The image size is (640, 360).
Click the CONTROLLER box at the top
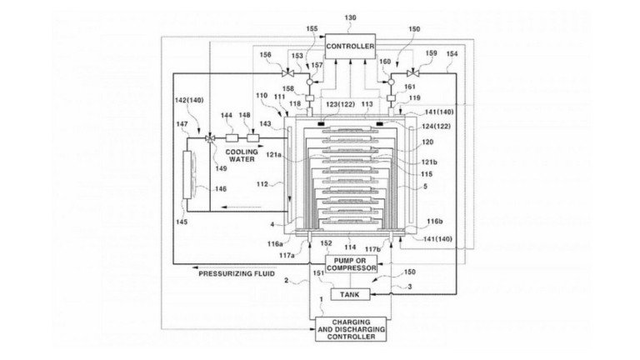pos(350,46)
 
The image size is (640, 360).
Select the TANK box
pos(350,294)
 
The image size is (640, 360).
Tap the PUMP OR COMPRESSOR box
pos(351,264)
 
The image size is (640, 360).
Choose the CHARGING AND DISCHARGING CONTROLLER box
pos(351,329)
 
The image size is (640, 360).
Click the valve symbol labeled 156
pos(288,73)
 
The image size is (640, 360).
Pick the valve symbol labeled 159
pos(413,73)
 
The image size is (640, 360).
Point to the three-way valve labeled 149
pos(210,138)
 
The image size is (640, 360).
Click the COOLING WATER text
pos(242,156)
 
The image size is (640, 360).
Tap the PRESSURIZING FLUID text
pos(237,273)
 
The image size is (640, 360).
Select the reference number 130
pos(350,17)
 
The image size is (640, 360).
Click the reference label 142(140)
pos(189,100)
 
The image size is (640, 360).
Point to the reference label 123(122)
pos(340,104)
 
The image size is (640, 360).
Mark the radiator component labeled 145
pos(187,175)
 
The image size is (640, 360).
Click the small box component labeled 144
pos(232,138)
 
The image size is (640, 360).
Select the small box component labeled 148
pos(253,138)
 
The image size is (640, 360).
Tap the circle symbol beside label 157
pos(309,82)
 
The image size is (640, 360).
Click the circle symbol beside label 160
pos(391,82)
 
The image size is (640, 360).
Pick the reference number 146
pos(221,189)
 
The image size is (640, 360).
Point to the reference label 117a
pos(287,256)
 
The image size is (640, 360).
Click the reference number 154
pos(452,54)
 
